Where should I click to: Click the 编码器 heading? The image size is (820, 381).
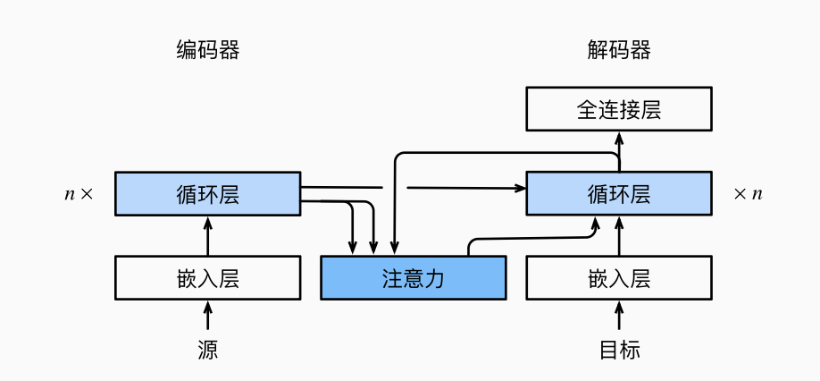pos(208,50)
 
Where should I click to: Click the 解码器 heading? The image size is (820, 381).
pos(619,50)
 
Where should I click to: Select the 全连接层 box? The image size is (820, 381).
pos(619,109)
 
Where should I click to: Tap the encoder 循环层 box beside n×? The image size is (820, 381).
pos(208,194)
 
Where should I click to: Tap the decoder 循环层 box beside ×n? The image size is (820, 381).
pos(619,194)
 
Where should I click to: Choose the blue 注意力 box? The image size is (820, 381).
pos(414,277)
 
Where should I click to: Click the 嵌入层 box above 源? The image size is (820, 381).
pos(208,277)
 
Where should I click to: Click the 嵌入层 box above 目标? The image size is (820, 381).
pos(619,277)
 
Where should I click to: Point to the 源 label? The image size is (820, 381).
pos(208,350)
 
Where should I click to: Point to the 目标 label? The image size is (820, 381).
pos(619,350)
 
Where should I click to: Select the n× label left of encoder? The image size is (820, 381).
pos(79,194)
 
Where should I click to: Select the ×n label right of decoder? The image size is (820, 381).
pos(748,194)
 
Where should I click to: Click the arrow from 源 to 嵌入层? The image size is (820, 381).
pos(208,316)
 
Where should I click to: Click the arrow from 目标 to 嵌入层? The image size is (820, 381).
pos(619,316)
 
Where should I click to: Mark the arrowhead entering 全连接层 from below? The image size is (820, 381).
pos(619,137)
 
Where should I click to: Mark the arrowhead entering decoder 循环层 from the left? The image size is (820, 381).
pos(520,188)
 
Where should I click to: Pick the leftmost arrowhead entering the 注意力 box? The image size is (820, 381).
pos(354,249)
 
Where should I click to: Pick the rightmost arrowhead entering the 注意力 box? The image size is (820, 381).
pos(394,249)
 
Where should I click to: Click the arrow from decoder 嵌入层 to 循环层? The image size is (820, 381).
pos(619,237)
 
